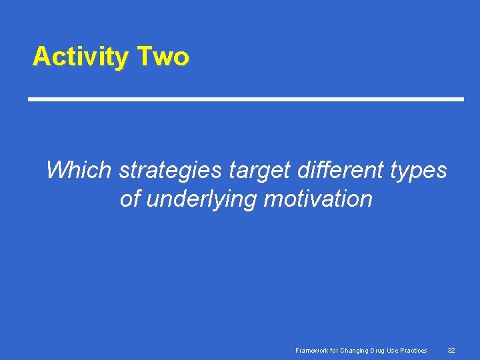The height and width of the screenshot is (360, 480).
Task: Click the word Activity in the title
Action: [x=80, y=57]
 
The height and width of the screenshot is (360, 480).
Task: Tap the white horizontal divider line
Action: [x=245, y=99]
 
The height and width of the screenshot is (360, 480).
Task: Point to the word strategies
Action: [x=170, y=171]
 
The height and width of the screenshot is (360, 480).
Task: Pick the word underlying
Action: [x=198, y=199]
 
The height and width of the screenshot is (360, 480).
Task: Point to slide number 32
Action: [x=451, y=350]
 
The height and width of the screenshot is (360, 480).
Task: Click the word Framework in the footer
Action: [x=312, y=350]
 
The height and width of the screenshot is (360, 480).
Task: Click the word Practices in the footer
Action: [x=415, y=350]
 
